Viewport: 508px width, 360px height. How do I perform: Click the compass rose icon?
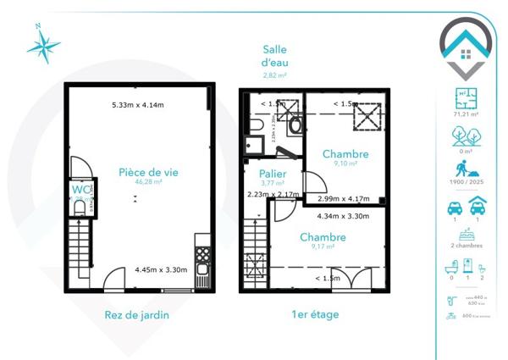coord(42,44)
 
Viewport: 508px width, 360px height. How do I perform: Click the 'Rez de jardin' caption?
coord(136,315)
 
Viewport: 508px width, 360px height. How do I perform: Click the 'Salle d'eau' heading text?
coord(274,56)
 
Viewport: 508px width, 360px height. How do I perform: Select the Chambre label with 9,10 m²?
coord(345,154)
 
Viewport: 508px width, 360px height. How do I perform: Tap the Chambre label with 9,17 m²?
coord(323,237)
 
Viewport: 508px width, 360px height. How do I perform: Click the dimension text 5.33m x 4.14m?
coord(138,105)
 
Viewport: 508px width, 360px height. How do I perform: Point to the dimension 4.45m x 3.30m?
coord(161,271)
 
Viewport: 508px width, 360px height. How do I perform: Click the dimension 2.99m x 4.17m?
coord(343,198)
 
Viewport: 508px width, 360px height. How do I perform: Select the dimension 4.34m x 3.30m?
coord(323,217)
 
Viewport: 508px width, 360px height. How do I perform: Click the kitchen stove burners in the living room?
coord(202,252)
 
